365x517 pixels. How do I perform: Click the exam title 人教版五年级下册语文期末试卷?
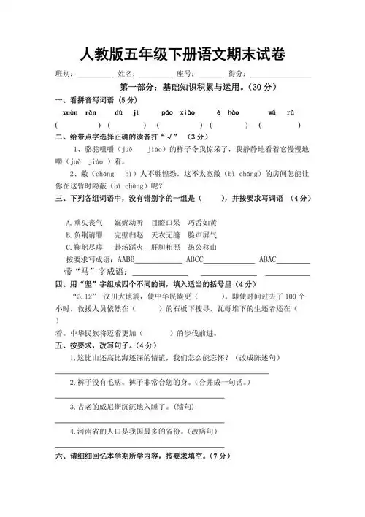coord(182,54)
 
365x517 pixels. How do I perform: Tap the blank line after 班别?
coord(95,76)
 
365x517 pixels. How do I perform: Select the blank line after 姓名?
coord(156,76)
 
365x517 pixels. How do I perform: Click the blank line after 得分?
coord(280,76)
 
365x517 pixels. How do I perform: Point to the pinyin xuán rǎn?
coord(74,113)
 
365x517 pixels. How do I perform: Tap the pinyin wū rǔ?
coord(281,113)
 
